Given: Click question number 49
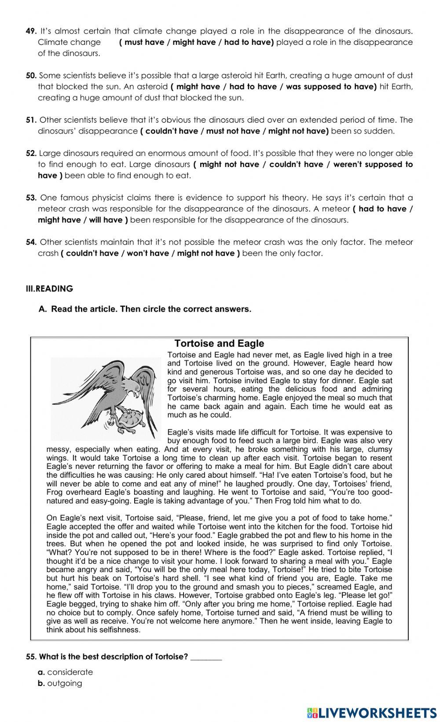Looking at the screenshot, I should (30, 31).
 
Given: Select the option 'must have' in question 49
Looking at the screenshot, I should (144, 42).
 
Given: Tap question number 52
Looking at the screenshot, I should (31, 153).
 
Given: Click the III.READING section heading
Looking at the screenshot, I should (49, 289).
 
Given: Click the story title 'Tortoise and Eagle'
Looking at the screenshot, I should (219, 344).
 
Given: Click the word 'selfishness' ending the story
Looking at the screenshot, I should (119, 630).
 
